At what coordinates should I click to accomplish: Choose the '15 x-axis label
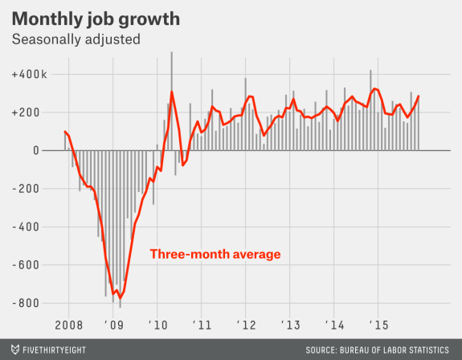[x=377, y=325]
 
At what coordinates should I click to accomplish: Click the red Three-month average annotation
[x=215, y=255]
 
